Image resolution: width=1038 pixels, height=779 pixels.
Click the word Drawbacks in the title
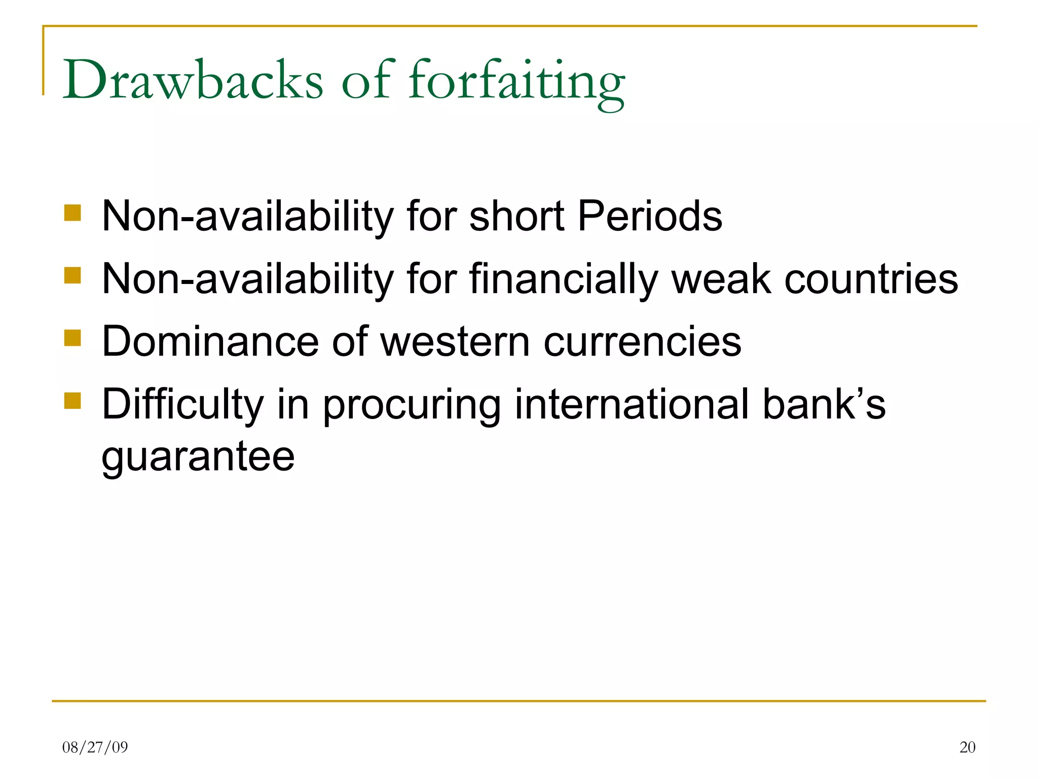coord(193,80)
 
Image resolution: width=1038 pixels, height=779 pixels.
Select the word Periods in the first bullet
coord(650,216)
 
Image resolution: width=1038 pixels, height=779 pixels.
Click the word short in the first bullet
coord(516,216)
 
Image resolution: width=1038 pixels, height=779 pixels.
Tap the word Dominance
coord(210,342)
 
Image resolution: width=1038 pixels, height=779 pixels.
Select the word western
coord(455,342)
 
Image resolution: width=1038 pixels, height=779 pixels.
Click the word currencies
coord(642,342)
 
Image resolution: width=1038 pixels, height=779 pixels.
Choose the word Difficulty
coord(182,405)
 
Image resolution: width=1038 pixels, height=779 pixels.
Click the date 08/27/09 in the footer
coord(95,747)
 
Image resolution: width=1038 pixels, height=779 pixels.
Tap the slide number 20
coord(967,747)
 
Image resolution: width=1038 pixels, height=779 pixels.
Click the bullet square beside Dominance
coord(73,338)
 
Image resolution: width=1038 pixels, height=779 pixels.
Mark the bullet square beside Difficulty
coord(73,401)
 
